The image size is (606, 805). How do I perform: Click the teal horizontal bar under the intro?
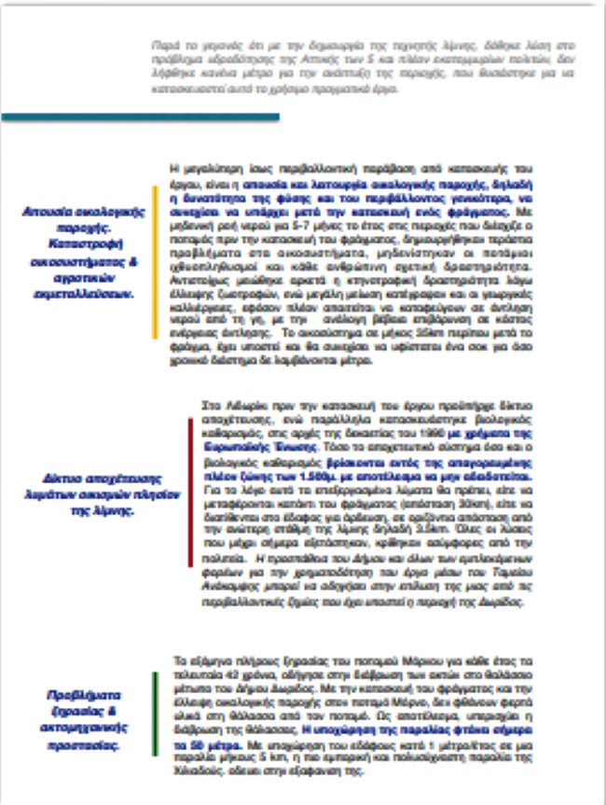click(x=140, y=118)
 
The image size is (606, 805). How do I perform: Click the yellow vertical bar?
click(x=154, y=249)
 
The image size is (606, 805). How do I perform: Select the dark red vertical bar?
click(x=189, y=493)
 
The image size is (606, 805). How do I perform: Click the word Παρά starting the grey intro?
click(x=160, y=45)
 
